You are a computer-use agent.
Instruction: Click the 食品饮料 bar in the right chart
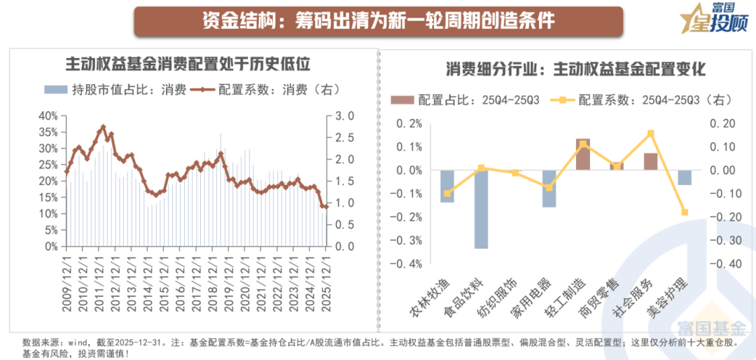pos(481,209)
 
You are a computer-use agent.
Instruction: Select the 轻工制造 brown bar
pos(583,154)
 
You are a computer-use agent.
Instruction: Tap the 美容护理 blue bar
pos(684,178)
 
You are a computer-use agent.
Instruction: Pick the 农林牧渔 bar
pos(447,186)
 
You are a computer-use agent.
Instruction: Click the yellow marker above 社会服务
pos(650,133)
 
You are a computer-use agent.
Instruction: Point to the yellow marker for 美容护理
pos(685,212)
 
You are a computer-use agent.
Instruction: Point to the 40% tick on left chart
pos(48,116)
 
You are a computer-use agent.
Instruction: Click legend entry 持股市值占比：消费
pos(115,90)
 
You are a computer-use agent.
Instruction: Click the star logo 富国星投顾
pos(713,20)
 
